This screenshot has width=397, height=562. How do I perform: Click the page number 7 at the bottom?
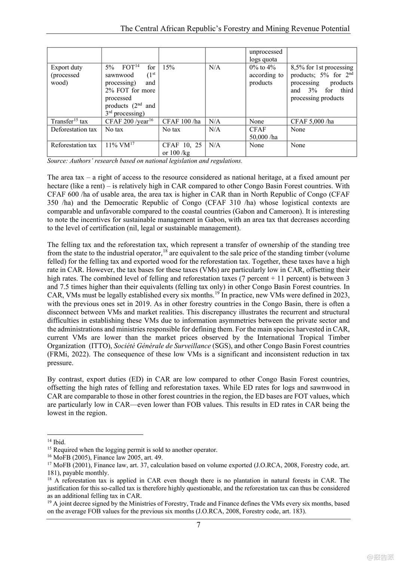coord(198,525)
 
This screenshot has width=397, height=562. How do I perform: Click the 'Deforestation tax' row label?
coord(74,130)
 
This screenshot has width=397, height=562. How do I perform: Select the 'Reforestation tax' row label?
coord(74,145)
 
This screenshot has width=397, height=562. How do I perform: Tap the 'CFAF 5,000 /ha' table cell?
coord(312,121)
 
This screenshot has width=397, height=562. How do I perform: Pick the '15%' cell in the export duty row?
coord(168,67)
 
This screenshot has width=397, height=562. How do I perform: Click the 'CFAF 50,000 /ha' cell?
coord(263,133)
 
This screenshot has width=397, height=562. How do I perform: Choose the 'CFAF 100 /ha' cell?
coord(181,121)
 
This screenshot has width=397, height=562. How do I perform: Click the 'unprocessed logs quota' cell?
coord(266,55)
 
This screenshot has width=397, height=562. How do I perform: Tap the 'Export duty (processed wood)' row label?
coord(67,75)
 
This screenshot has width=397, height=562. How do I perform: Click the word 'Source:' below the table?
coord(57,161)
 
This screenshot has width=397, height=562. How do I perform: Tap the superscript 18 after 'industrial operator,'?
coord(165,251)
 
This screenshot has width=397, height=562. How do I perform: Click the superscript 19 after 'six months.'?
coord(217,293)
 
